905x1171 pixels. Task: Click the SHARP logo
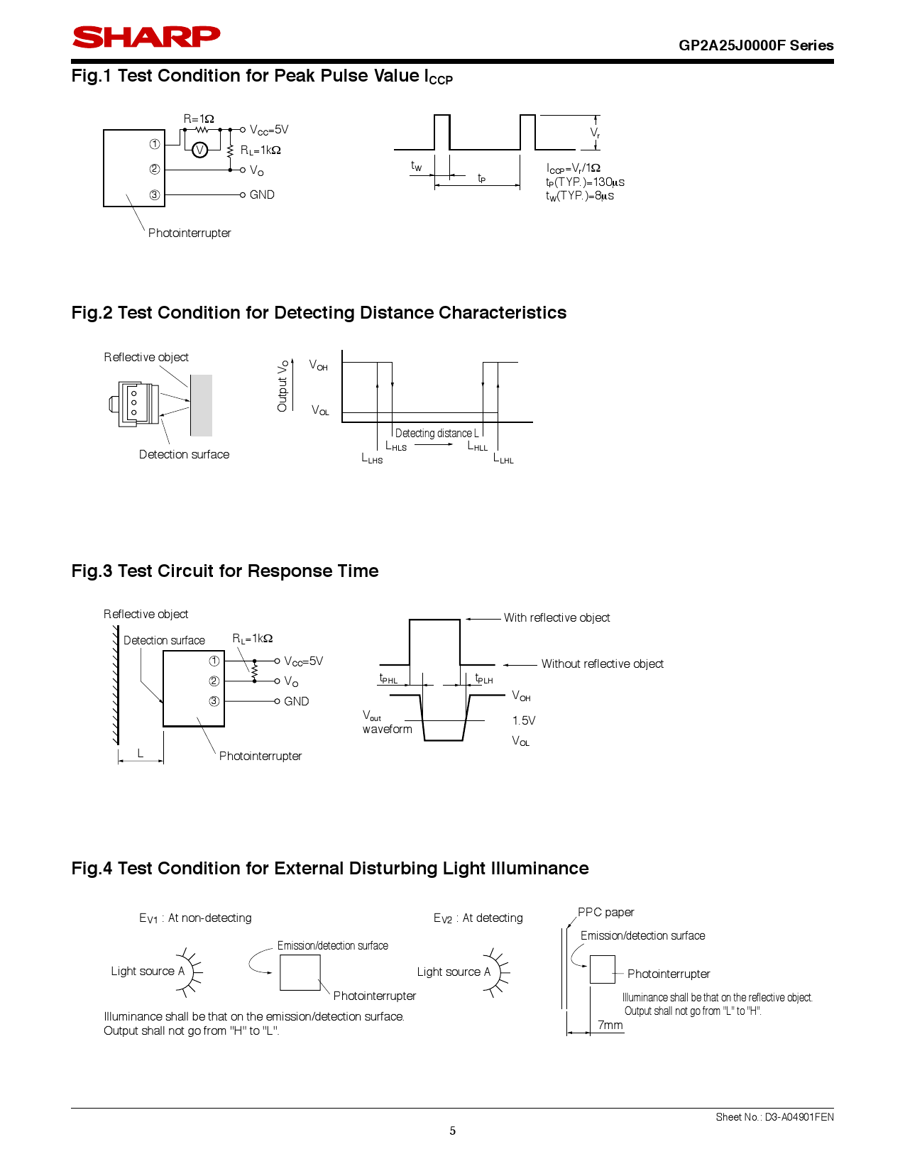(x=146, y=37)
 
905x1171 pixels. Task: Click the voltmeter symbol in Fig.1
(x=200, y=150)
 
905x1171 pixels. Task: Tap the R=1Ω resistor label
(x=199, y=119)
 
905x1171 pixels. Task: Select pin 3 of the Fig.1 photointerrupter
(x=155, y=194)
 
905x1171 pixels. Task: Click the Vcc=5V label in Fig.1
(x=269, y=130)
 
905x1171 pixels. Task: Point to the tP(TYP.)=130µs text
(x=585, y=182)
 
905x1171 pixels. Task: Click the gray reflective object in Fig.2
(x=201, y=405)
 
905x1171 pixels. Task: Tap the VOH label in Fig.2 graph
(x=318, y=365)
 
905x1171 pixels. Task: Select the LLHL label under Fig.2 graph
(x=503, y=458)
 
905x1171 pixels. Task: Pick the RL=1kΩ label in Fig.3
(x=253, y=639)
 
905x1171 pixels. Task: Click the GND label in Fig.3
(x=296, y=701)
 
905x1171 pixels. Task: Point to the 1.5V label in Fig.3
(x=524, y=720)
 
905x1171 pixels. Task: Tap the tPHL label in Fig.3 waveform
(x=388, y=679)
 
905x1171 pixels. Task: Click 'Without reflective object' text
(x=602, y=664)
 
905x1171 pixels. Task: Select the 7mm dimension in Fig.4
(x=610, y=1025)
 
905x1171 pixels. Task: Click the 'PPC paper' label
(x=605, y=912)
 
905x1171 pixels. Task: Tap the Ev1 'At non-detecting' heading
(x=195, y=918)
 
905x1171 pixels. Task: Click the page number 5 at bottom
(x=452, y=1131)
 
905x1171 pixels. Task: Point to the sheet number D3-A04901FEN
(x=774, y=1117)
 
